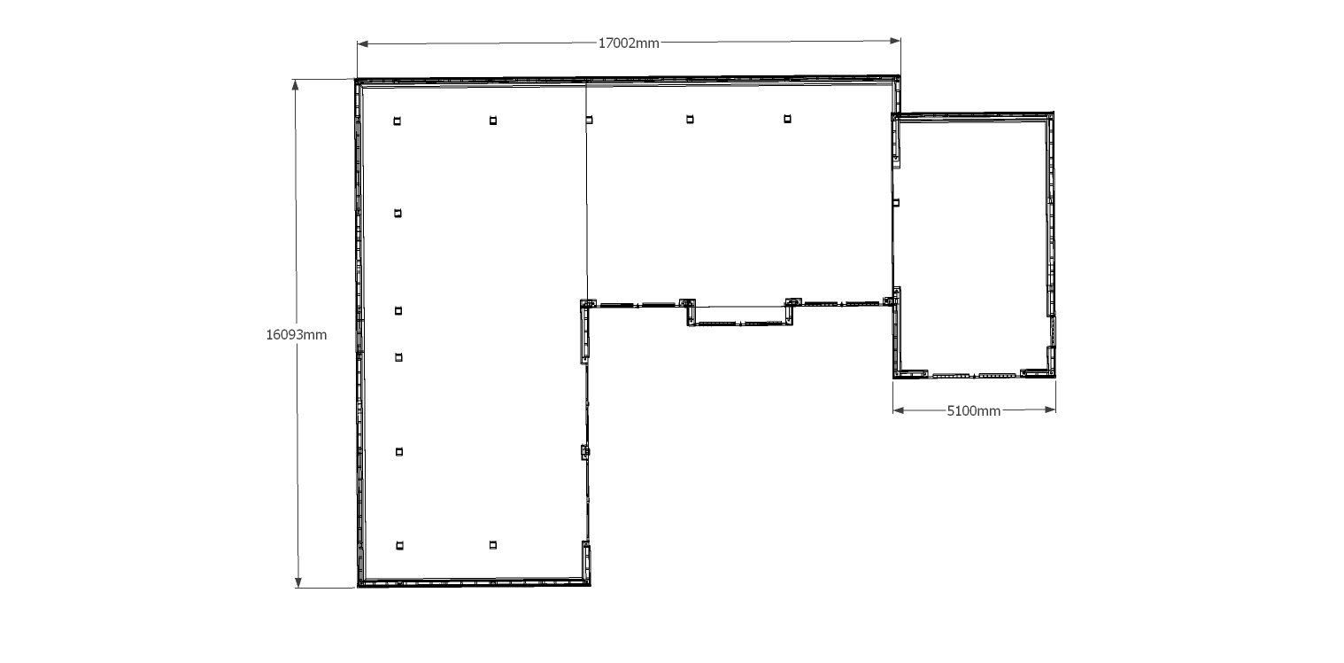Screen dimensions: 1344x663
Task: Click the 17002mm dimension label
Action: (x=629, y=43)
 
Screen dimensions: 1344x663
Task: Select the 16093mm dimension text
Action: (x=297, y=335)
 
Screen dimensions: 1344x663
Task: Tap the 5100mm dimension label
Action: (x=974, y=411)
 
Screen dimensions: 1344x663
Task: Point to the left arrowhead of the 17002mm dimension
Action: (x=362, y=43)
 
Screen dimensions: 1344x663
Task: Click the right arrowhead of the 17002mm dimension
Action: (x=895, y=41)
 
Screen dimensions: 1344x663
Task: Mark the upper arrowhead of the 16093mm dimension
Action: (x=295, y=85)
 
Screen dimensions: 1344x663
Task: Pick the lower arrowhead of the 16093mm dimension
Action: (x=298, y=582)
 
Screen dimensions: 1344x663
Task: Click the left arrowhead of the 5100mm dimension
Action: (x=898, y=410)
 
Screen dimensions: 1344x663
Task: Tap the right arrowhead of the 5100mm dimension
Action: (x=1050, y=409)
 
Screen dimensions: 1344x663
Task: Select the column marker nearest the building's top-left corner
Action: (x=398, y=121)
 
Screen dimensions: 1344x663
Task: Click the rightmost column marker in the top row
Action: (x=787, y=119)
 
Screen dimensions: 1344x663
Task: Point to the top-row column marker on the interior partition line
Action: (x=589, y=121)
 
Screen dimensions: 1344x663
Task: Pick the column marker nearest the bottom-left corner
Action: (x=399, y=546)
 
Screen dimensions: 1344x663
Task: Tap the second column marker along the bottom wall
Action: (x=493, y=545)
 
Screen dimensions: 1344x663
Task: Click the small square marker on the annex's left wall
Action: (x=896, y=203)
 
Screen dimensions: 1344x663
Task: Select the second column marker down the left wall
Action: (x=398, y=214)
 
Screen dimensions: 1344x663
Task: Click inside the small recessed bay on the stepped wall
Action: (x=740, y=315)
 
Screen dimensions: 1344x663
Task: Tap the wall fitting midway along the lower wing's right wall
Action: (x=585, y=452)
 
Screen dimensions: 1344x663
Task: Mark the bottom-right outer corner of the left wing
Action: (x=590, y=585)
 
